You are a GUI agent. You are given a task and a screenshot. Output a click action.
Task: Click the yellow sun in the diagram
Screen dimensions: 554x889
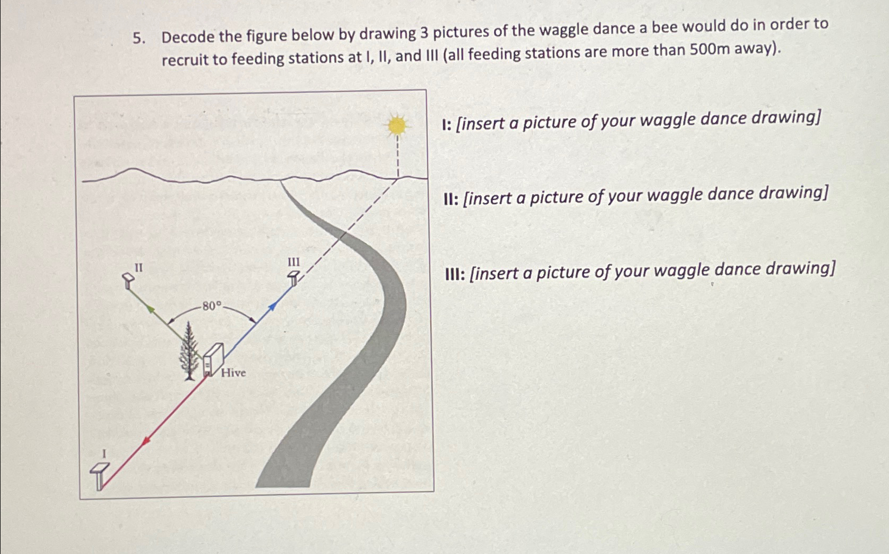397,125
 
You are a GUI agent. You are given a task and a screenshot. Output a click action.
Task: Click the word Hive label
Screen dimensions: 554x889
233,373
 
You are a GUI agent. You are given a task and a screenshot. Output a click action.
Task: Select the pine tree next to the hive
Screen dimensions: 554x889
189,352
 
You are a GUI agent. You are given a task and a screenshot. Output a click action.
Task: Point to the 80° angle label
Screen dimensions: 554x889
211,306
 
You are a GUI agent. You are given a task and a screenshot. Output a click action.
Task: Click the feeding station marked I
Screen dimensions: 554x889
99,475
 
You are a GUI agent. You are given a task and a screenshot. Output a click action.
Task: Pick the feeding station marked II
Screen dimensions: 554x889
128,280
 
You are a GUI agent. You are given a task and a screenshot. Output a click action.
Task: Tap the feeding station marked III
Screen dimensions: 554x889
294,278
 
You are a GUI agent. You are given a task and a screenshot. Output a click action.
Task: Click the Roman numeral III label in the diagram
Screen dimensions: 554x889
293,262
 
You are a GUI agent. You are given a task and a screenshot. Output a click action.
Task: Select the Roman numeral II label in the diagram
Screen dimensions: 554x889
138,268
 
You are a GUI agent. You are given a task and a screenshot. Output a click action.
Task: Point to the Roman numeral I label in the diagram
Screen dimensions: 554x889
104,453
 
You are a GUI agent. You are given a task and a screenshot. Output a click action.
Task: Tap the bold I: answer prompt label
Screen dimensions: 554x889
446,125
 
